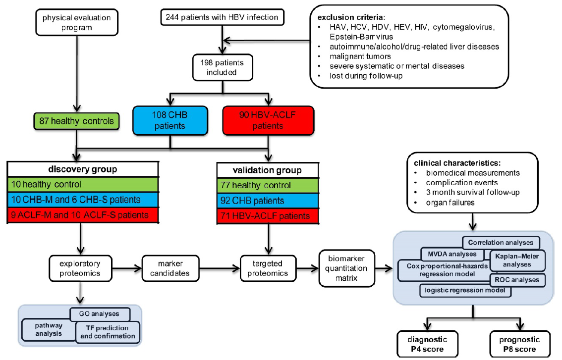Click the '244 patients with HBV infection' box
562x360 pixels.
coord(223,17)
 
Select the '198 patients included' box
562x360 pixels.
coord(223,67)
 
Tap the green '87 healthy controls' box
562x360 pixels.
coord(77,121)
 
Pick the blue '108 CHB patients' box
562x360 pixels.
coord(170,120)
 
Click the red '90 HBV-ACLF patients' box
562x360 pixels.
coord(268,120)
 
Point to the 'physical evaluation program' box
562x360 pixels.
coord(77,23)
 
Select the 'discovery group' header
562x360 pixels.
coord(83,169)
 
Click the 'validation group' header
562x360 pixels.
coord(268,170)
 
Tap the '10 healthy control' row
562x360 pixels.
coord(83,185)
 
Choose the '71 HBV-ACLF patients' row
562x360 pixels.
coord(268,216)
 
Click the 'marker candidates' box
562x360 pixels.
coord(170,268)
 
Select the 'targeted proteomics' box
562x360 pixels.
coord(268,268)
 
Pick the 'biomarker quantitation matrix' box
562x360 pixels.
coord(346,268)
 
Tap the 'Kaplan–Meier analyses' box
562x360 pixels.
coord(517,260)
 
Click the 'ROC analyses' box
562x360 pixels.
coord(517,280)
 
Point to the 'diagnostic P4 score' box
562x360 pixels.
coord(428,344)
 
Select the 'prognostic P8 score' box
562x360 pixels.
coord(520,344)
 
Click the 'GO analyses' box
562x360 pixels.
coord(100,314)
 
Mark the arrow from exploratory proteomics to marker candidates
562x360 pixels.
coord(127,268)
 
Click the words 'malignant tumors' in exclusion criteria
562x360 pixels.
coord(360,56)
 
